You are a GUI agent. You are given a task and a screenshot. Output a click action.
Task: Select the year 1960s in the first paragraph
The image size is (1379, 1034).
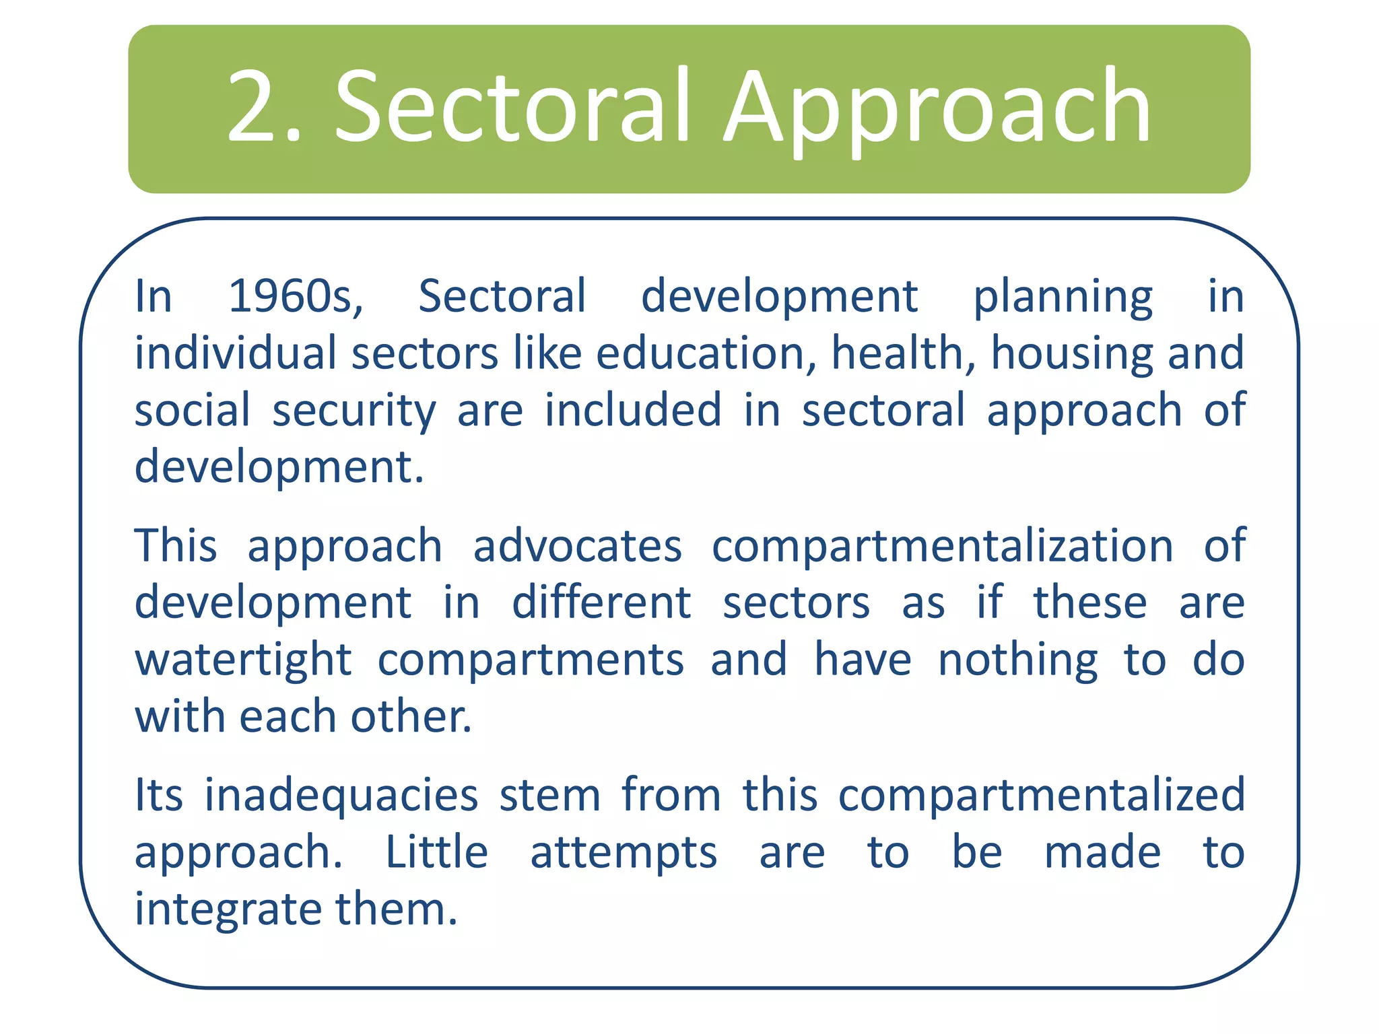[x=295, y=296]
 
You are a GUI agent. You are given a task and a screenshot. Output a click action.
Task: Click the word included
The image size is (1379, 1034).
[x=632, y=410]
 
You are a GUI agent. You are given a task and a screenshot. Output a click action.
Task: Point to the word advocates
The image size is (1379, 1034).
[x=577, y=546]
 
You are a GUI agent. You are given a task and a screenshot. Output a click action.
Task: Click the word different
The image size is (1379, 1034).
[x=601, y=602]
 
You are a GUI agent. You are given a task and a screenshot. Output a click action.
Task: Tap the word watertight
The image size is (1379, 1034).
[x=243, y=660]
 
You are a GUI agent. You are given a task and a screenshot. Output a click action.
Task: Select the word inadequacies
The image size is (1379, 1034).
[x=341, y=795]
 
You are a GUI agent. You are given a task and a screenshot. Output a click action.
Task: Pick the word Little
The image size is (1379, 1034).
[x=436, y=852]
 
